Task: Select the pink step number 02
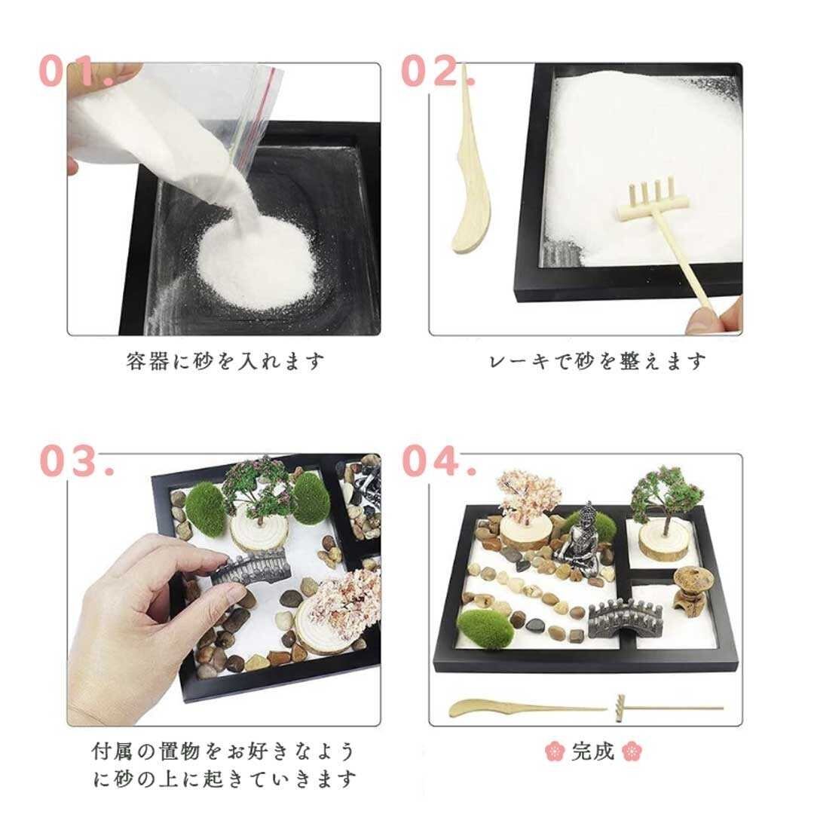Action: pyautogui.click(x=438, y=71)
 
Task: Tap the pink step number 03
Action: pyautogui.click(x=76, y=460)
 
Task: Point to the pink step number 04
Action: pyautogui.click(x=439, y=460)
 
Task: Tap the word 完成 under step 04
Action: pyautogui.click(x=593, y=751)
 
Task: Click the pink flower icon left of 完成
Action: pyautogui.click(x=555, y=751)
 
